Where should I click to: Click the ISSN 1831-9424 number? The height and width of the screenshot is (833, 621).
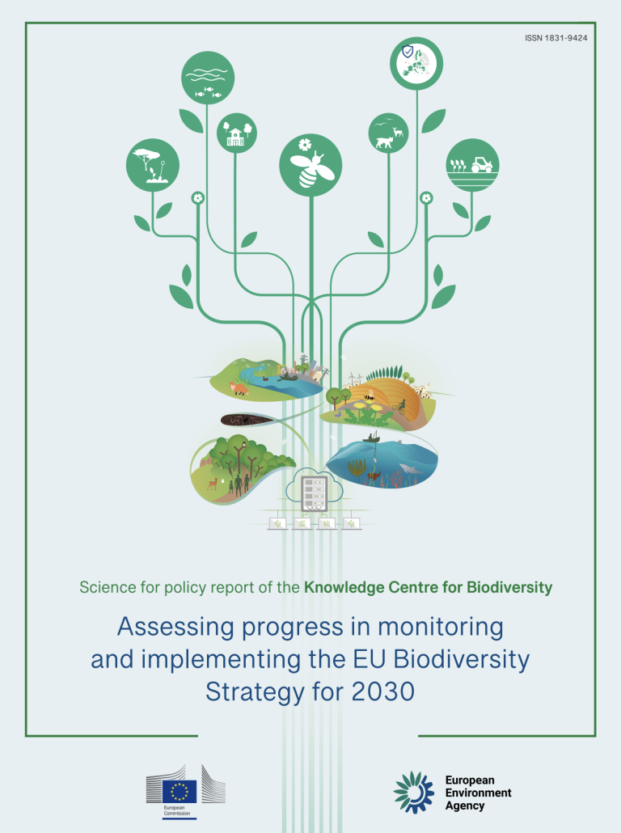[556, 38]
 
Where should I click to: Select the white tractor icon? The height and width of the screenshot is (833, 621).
[481, 164]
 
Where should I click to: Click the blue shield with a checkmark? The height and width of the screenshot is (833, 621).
[408, 52]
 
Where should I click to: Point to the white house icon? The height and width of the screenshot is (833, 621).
[235, 137]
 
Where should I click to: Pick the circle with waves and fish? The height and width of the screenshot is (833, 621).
[208, 78]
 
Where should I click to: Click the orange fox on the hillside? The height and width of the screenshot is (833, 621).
[239, 388]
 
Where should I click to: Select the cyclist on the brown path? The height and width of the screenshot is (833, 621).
[400, 407]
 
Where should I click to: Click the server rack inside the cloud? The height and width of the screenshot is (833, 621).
[314, 494]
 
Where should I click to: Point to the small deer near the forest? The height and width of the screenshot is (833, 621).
[213, 483]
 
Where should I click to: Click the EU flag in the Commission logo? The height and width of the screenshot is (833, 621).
[180, 791]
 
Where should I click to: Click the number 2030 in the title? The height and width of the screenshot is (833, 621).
[383, 691]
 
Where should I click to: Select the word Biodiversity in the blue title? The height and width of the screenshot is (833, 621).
[462, 659]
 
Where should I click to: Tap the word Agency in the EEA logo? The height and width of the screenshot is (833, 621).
[465, 806]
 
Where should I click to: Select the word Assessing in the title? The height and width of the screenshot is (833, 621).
[175, 628]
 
